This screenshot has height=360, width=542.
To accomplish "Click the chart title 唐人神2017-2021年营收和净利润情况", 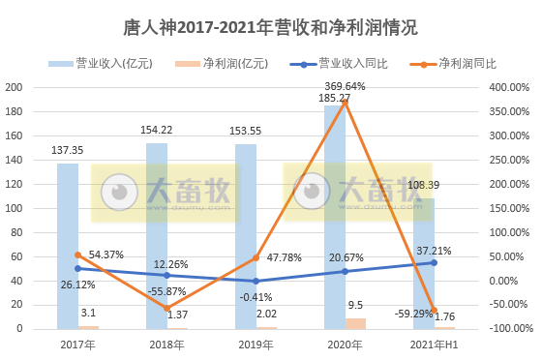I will click(x=271, y=26).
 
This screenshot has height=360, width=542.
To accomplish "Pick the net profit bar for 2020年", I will click(x=356, y=323).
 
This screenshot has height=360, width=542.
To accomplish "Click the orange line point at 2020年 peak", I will click(x=346, y=102).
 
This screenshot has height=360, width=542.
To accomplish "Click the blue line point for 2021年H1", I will click(x=433, y=262).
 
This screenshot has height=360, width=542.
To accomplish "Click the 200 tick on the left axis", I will click(x=15, y=87).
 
